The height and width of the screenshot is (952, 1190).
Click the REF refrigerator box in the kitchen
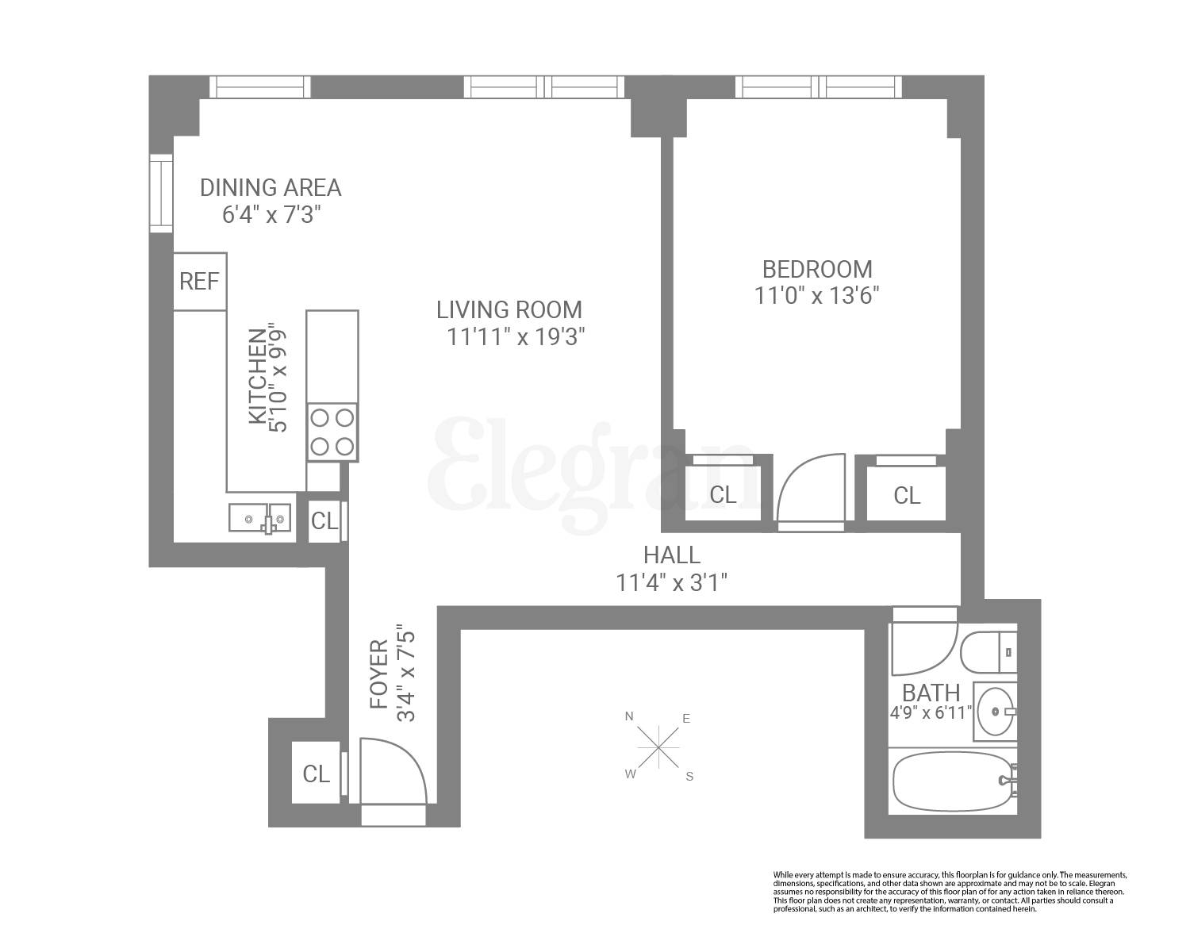tap(200, 282)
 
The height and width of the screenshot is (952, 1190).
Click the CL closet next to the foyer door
tap(317, 773)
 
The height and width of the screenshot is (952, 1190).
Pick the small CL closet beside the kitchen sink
tap(324, 521)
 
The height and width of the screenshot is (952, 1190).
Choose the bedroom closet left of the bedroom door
tap(723, 494)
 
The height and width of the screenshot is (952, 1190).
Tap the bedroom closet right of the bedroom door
tap(906, 494)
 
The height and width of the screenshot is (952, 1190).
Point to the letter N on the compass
tap(629, 716)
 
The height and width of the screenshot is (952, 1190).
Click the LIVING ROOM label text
tap(509, 309)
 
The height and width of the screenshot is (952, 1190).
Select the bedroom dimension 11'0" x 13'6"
tap(817, 296)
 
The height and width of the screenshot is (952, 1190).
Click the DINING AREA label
tap(271, 188)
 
